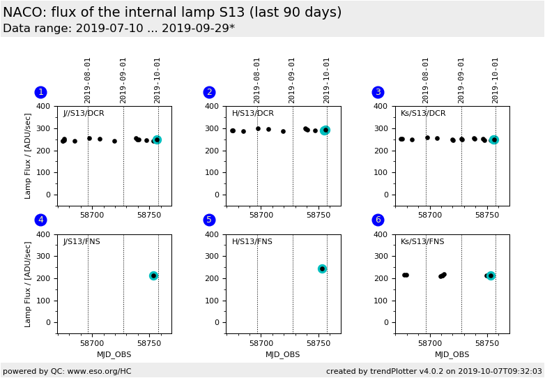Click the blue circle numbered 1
[40, 92]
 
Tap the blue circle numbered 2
[209, 92]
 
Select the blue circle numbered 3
[378, 92]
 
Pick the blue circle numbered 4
[40, 220]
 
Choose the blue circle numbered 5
[209, 220]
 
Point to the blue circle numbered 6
[378, 220]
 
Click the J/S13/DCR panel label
[84, 113]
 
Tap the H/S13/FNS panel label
[252, 241]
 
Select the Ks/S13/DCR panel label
[423, 113]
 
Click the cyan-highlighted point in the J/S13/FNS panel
[153, 275]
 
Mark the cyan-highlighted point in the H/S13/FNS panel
[322, 269]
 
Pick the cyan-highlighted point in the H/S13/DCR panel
[325, 130]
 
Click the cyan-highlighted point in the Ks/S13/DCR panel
[494, 139]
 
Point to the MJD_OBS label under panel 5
[283, 354]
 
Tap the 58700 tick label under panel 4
[91, 343]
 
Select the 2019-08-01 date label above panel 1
[88, 80]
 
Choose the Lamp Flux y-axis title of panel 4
[29, 284]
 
